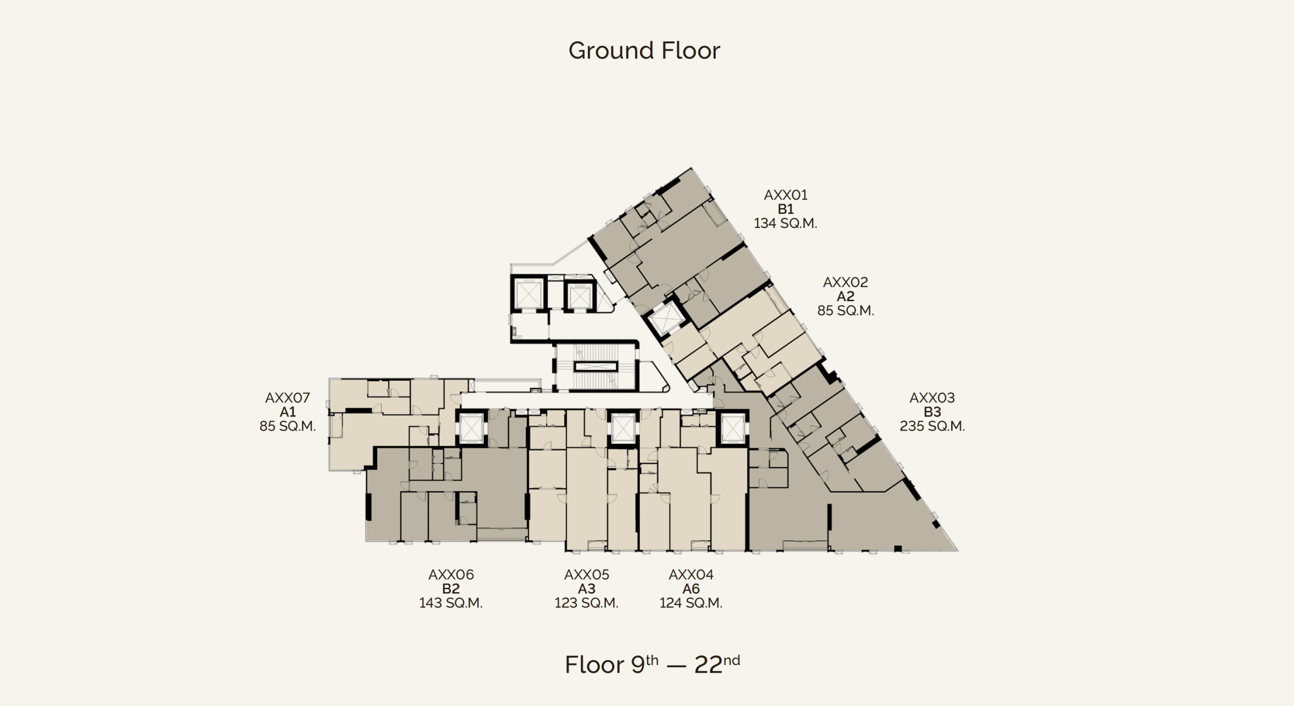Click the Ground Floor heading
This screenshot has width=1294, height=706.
pyautogui.click(x=644, y=51)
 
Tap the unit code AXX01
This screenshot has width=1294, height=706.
pyautogui.click(x=785, y=195)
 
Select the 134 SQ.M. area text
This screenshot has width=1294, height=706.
pyautogui.click(x=785, y=223)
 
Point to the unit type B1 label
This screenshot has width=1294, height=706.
pyautogui.click(x=785, y=209)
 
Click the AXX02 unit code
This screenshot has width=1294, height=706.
pyautogui.click(x=846, y=282)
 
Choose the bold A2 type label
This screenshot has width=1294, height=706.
pyautogui.click(x=846, y=296)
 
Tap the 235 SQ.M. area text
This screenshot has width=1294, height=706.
pyautogui.click(x=932, y=426)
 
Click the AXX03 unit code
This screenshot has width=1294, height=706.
pyautogui.click(x=932, y=398)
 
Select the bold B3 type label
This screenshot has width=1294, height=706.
pyautogui.click(x=932, y=412)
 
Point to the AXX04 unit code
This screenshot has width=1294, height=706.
pyautogui.click(x=691, y=575)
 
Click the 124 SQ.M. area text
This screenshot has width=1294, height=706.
pyautogui.click(x=691, y=603)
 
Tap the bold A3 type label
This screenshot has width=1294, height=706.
pyautogui.click(x=586, y=589)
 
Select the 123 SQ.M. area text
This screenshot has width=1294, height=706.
pyautogui.click(x=586, y=603)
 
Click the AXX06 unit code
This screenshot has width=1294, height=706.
pyautogui.click(x=451, y=575)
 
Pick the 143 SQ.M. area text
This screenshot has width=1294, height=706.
pyautogui.click(x=451, y=603)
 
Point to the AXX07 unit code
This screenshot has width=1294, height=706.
pyautogui.click(x=288, y=398)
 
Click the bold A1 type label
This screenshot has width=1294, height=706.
pyautogui.click(x=288, y=412)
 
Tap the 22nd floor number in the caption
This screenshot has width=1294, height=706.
pyautogui.click(x=717, y=664)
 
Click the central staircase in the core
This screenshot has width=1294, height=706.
pyautogui.click(x=596, y=367)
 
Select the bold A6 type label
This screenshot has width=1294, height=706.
pyautogui.click(x=691, y=589)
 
